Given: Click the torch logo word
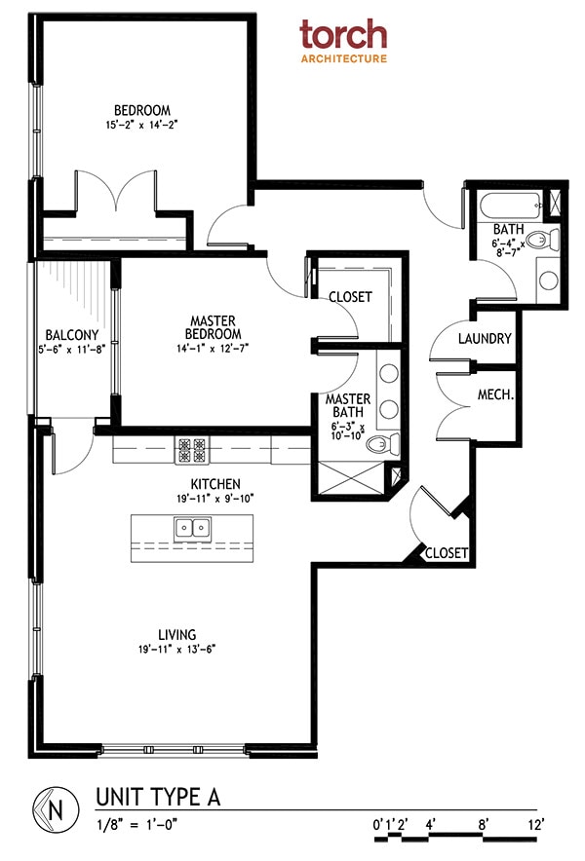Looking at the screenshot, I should [x=342, y=35].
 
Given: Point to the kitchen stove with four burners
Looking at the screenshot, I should [x=191, y=450].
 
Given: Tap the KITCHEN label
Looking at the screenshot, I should [x=215, y=484].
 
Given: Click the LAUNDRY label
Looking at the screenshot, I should [x=484, y=339].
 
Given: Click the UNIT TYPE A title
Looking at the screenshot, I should [x=158, y=797].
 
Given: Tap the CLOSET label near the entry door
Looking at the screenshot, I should [x=447, y=552].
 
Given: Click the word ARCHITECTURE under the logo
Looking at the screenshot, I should [x=342, y=58].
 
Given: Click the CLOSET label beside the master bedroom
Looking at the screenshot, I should [x=349, y=297].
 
